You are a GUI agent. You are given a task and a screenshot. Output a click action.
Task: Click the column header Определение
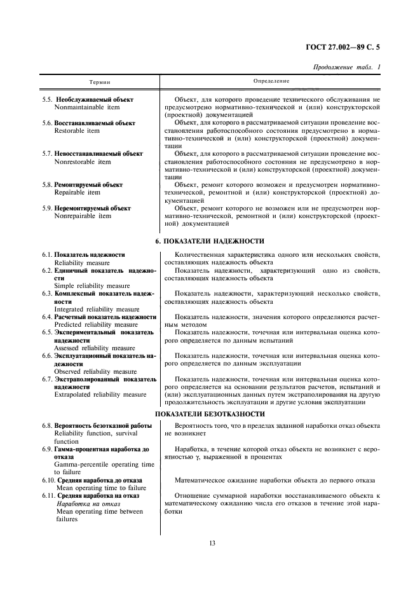(x=271, y=81)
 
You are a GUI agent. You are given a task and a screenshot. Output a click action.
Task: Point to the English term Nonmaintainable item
(x=82, y=107)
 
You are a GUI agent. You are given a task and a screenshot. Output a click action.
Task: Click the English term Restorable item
(x=77, y=131)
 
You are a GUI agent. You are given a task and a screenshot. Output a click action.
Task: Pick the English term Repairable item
(x=77, y=193)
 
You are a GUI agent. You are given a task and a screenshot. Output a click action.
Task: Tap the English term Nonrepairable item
(x=83, y=216)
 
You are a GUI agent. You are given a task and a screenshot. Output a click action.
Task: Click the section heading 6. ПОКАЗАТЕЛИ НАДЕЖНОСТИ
(x=210, y=242)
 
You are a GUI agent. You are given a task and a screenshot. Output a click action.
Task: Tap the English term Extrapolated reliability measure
(x=100, y=394)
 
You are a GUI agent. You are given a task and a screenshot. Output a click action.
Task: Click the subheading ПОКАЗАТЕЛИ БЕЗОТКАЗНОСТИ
(x=210, y=414)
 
